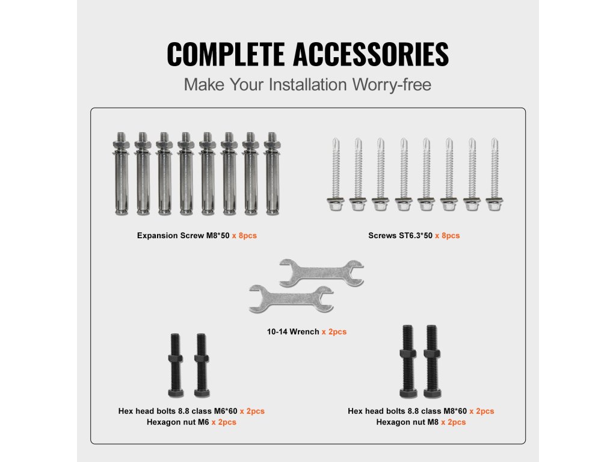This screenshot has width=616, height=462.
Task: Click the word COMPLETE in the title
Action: point(226,54)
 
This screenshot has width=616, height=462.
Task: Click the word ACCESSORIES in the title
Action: point(371,54)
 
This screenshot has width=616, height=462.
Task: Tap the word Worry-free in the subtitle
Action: point(391,85)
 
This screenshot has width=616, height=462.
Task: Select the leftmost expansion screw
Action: point(121,174)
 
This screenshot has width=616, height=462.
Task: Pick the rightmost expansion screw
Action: point(272,174)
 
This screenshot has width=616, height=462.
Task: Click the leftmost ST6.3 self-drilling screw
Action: point(336,174)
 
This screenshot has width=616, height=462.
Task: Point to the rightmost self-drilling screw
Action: point(494,174)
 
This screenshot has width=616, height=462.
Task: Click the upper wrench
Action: point(321,273)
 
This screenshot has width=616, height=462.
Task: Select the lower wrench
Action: point(291,298)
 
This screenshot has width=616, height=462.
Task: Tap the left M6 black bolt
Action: point(175,365)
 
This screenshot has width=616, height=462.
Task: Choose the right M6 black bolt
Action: point(202,365)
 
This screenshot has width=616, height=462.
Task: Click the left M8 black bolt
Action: point(408,362)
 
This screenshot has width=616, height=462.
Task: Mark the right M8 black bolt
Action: point(432,362)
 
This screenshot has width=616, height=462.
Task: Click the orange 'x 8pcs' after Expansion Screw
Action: point(244,236)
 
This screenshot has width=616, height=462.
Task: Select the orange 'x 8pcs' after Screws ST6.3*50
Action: point(447,236)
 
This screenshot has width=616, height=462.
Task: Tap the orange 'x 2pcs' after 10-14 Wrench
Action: point(334,332)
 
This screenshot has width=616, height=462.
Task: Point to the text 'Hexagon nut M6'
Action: point(178,422)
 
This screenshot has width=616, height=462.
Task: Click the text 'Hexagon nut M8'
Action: point(407,422)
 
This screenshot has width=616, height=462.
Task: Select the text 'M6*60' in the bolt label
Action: point(226,411)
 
